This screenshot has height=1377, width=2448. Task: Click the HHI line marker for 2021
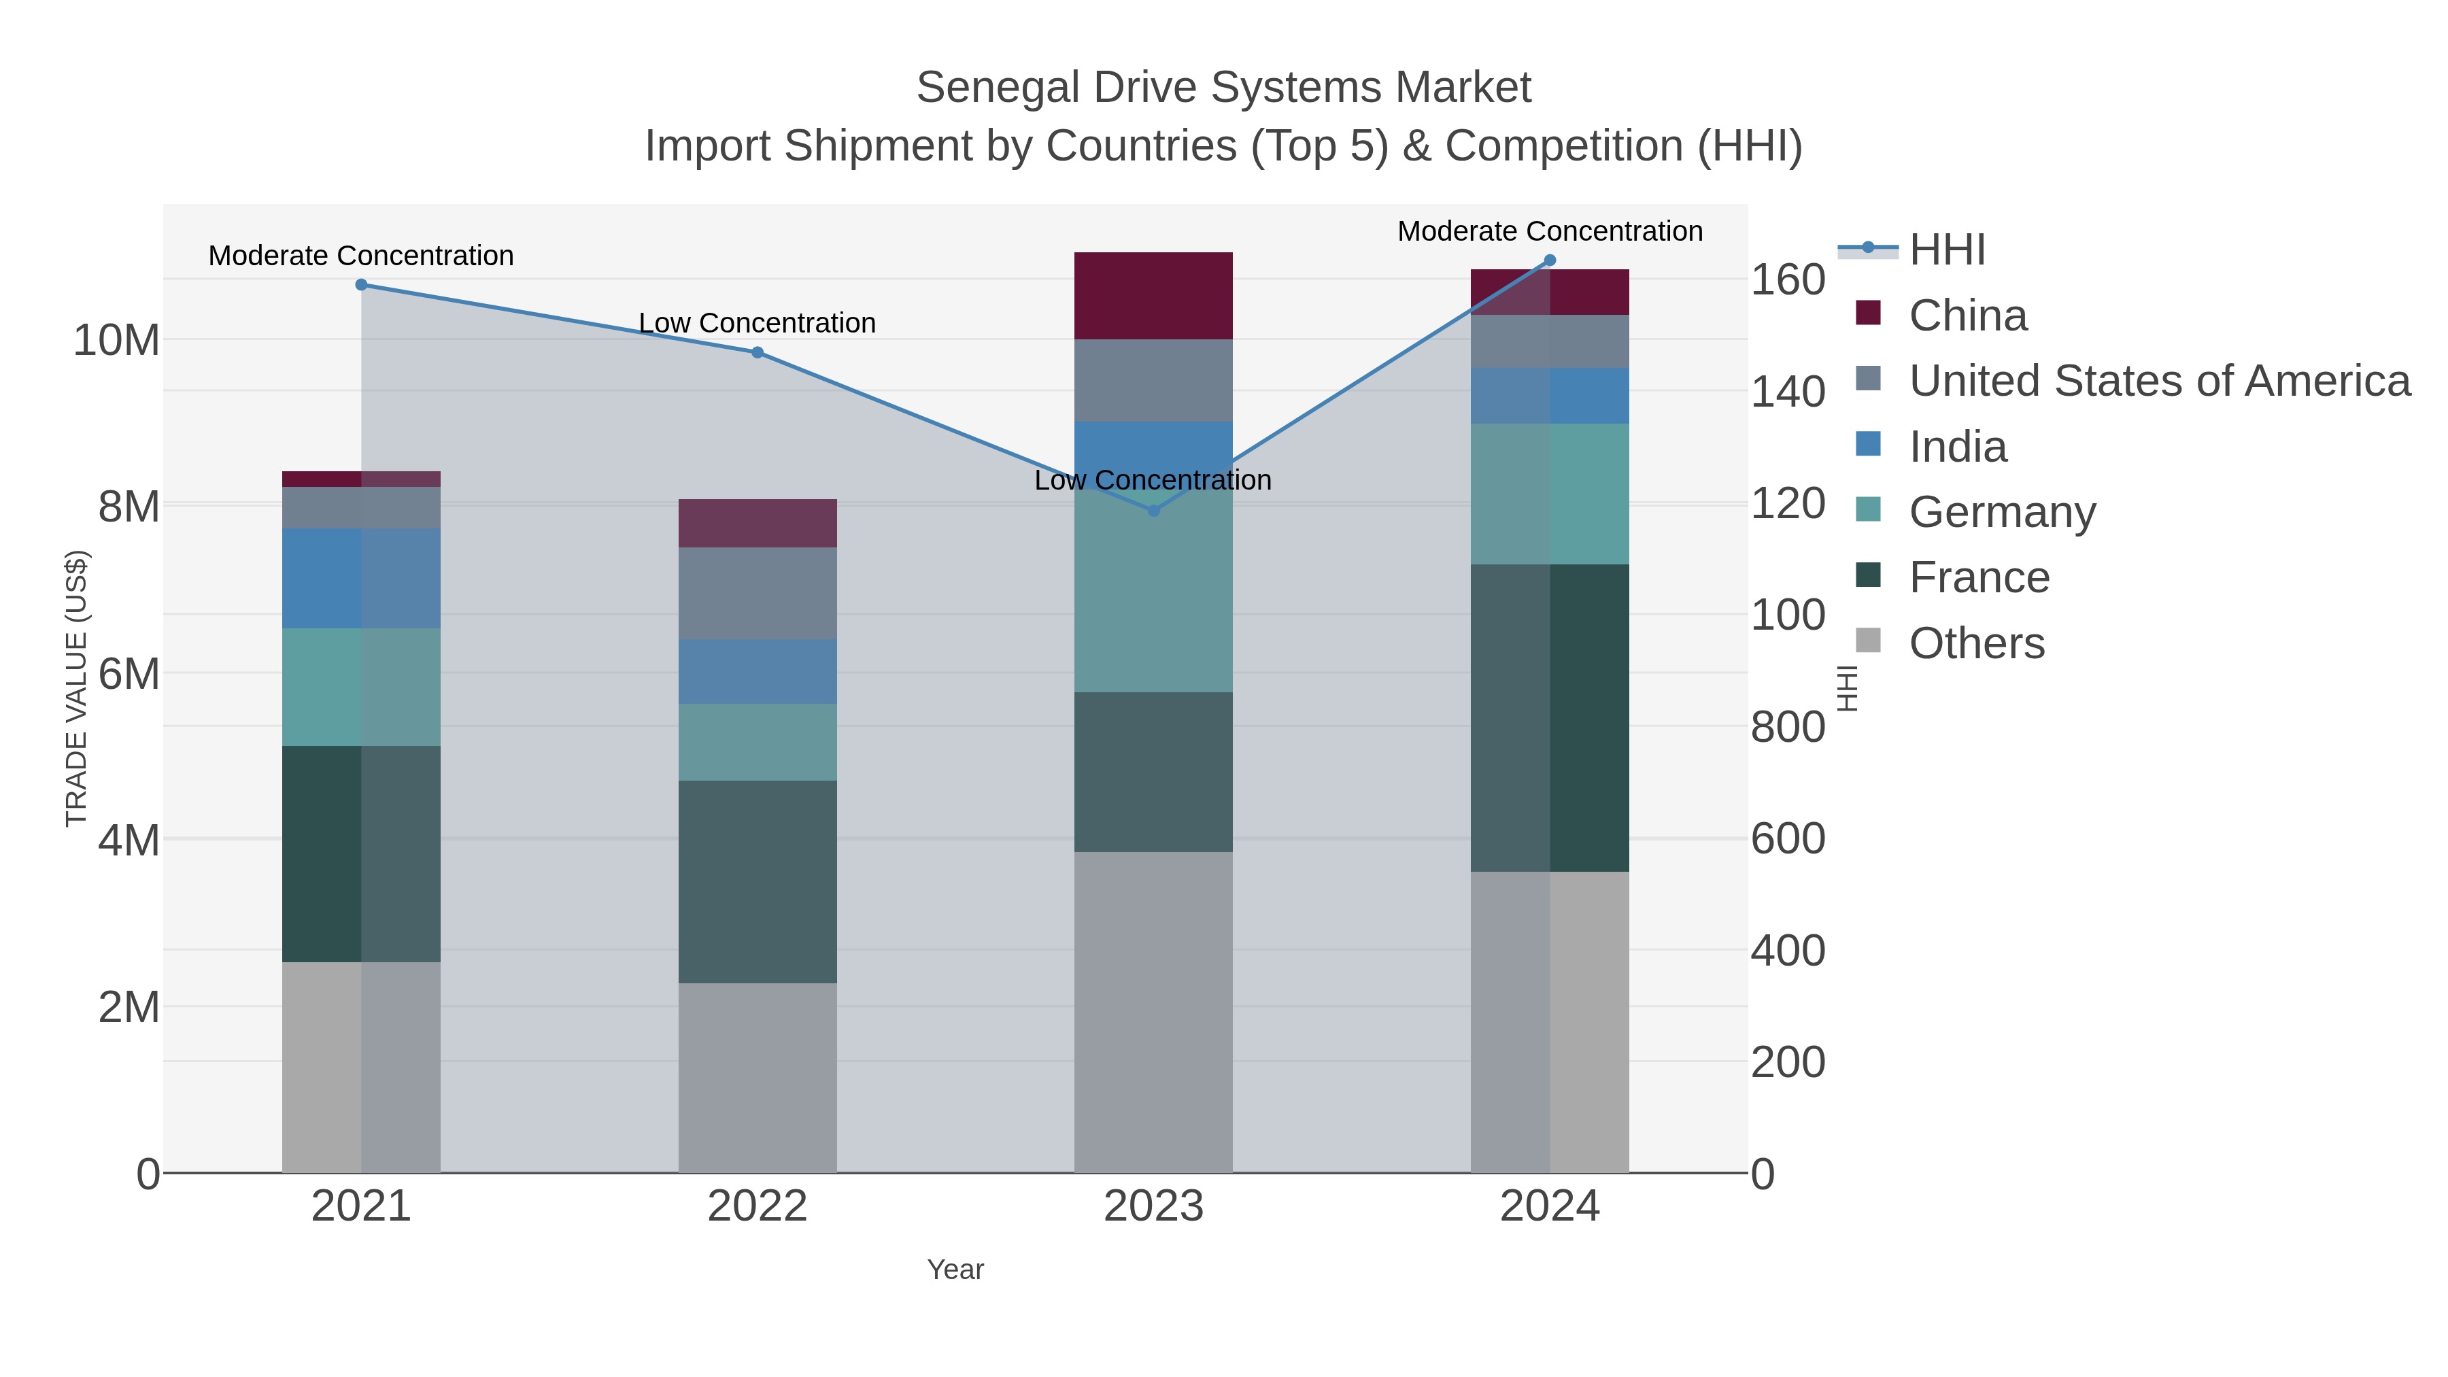[361, 285]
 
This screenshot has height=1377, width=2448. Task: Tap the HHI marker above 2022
[758, 352]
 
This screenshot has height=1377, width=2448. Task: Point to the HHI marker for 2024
[1550, 260]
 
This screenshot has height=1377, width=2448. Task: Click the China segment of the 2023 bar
[1154, 296]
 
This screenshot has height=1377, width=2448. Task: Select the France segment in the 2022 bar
[758, 882]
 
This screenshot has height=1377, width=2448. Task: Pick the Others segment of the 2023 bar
[1154, 1012]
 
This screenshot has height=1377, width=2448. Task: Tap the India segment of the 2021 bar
[361, 578]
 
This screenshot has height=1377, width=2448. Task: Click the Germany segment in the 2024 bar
[1550, 494]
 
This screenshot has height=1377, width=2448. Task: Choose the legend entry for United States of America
[2159, 381]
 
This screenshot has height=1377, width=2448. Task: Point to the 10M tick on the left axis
[116, 340]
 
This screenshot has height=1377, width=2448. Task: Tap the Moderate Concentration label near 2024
[1549, 231]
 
